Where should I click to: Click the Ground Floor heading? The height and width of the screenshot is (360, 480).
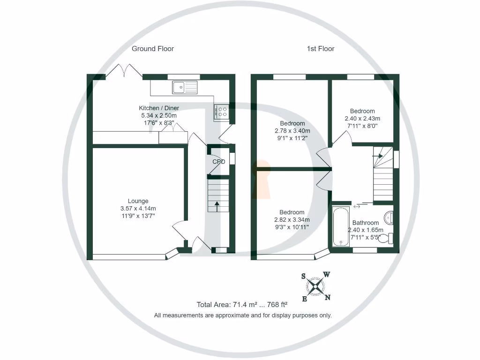152,49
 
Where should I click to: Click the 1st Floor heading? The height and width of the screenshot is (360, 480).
321,49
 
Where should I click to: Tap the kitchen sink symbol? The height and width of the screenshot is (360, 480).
185,87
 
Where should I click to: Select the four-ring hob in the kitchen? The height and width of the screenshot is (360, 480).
221,112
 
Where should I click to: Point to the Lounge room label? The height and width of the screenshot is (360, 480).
138,201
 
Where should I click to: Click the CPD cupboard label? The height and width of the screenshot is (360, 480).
219,162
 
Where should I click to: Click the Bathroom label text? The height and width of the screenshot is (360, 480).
366,223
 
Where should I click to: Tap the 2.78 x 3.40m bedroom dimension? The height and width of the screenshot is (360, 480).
292,131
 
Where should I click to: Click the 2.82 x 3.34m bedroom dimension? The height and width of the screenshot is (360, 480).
292,220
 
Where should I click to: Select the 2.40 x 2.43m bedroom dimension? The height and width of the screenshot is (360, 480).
362,119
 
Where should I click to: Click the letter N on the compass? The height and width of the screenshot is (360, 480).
328,297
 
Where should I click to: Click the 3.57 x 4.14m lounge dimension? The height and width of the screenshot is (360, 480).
138,209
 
